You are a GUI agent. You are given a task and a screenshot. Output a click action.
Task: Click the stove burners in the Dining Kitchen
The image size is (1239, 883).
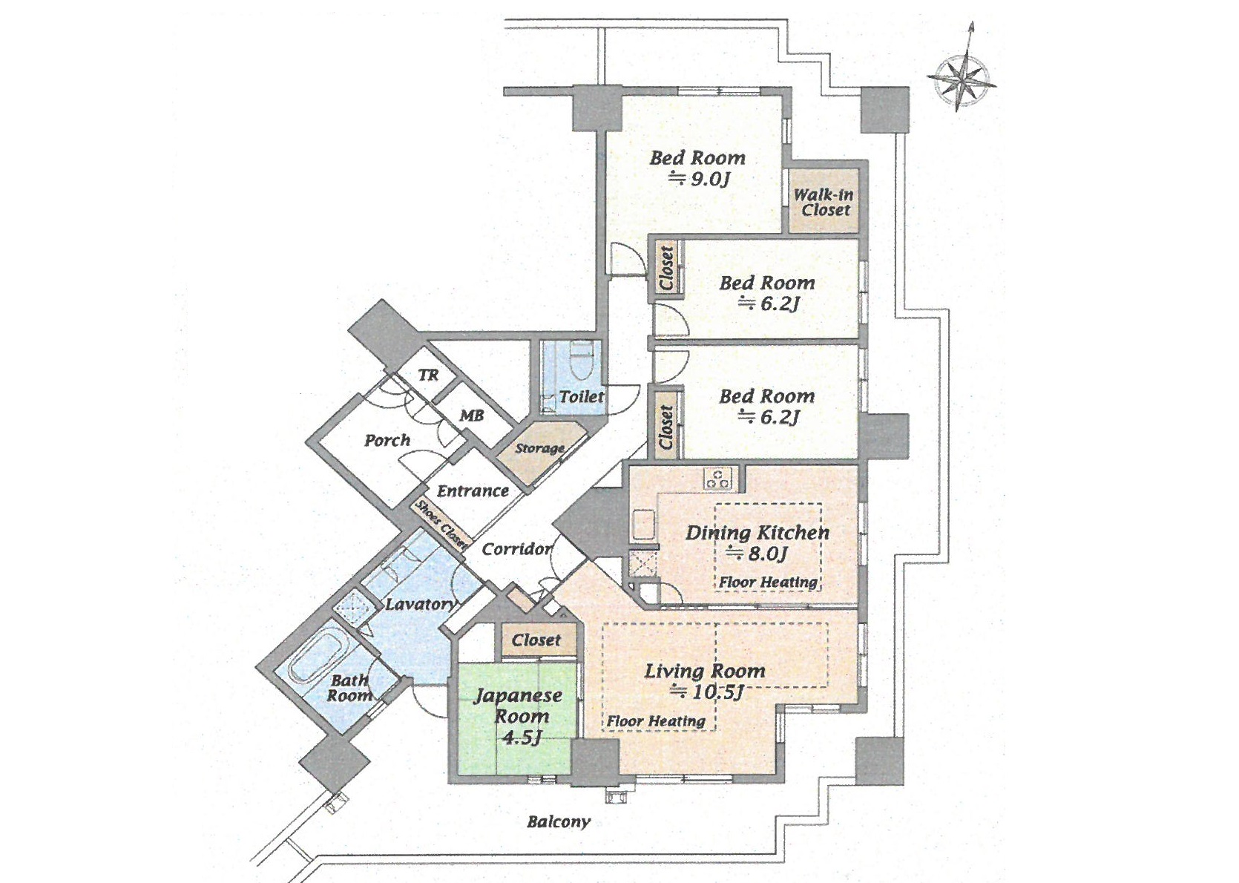coord(718,479)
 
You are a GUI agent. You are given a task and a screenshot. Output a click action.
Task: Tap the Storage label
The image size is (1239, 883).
coord(539,448)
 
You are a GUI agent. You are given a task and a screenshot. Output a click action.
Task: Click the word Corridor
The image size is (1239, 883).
coord(516,549)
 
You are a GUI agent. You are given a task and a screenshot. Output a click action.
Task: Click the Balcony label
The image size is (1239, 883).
coord(558,821)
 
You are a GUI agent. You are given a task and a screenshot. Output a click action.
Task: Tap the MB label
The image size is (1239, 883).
coord(471,416)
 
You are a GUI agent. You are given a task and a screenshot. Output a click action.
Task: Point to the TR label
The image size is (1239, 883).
coord(428,375)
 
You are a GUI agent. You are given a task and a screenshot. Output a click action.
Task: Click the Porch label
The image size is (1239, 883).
coord(387,441)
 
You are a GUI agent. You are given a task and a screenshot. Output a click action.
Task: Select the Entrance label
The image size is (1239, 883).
coord(473,491)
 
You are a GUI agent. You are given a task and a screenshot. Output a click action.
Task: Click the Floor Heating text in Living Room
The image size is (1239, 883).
coord(656,721)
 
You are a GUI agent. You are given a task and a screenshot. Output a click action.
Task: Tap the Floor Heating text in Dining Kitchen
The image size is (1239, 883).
coord(769,582)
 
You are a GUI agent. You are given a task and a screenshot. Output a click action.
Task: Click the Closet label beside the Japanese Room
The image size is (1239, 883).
coord(536,640)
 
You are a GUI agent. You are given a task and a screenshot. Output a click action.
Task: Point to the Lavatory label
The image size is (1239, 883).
coord(420,604)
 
